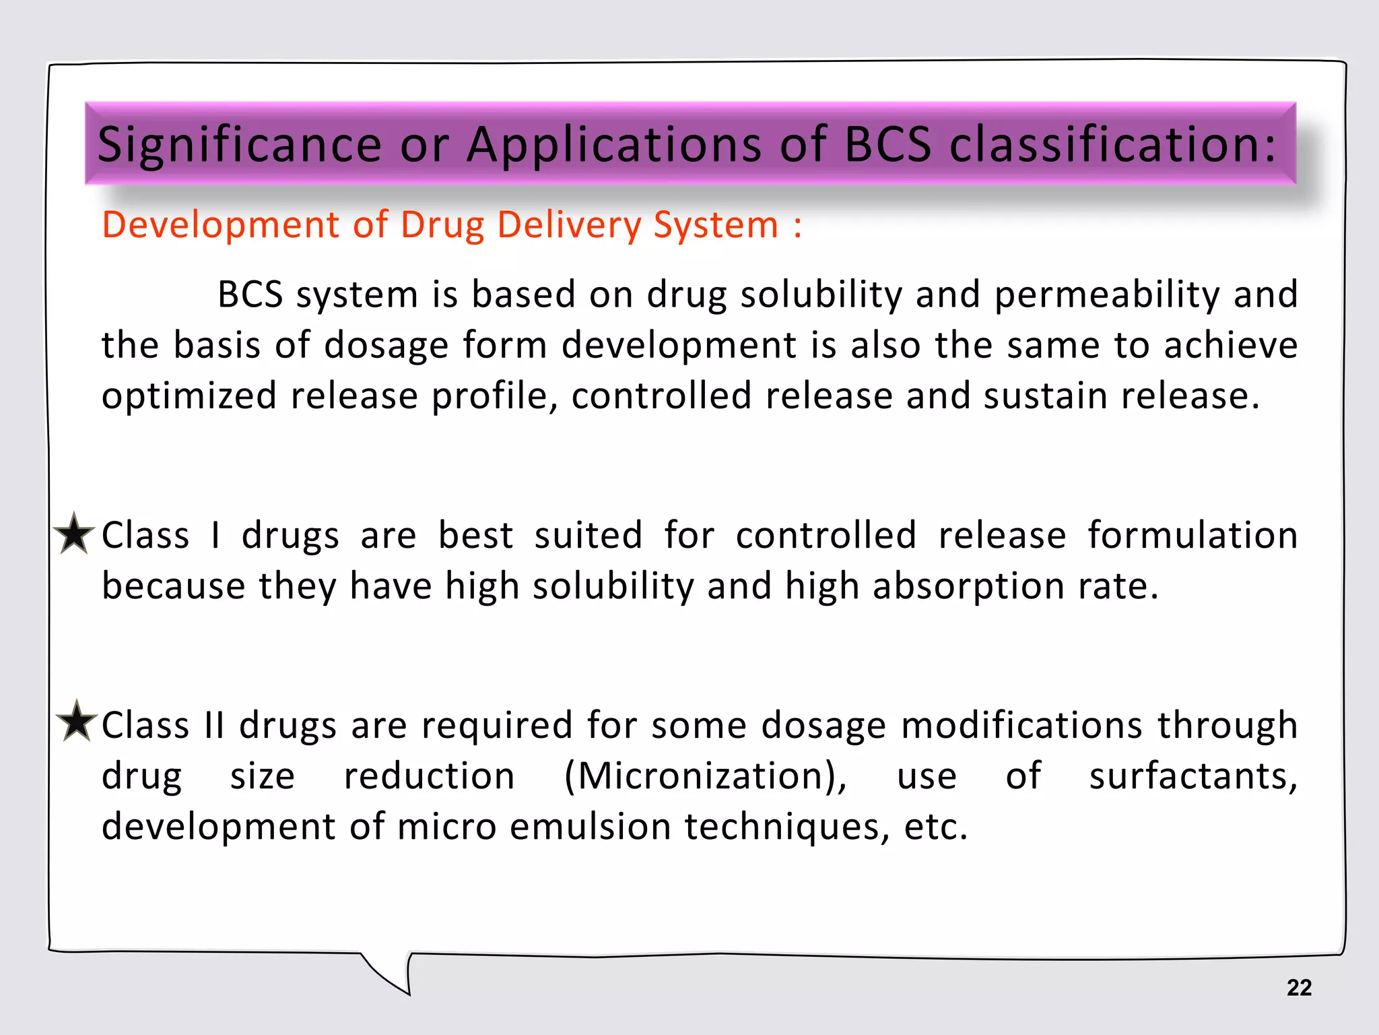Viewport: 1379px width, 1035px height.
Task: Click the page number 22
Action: (x=1299, y=988)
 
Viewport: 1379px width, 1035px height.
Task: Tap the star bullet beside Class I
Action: (x=74, y=534)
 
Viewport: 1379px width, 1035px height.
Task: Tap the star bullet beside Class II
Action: (x=77, y=722)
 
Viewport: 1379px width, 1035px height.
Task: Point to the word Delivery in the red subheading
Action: (x=569, y=225)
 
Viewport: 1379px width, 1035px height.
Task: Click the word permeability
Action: (x=1106, y=295)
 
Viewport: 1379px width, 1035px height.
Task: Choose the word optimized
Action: (x=189, y=396)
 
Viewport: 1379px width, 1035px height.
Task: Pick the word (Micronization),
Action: (x=706, y=776)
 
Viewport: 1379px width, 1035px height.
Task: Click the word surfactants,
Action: (x=1193, y=776)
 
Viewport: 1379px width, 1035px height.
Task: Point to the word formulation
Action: (x=1192, y=536)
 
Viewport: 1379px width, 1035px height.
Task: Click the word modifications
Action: (x=1021, y=726)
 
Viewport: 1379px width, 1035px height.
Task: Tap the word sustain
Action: (x=1045, y=396)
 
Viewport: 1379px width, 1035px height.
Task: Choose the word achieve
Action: (x=1231, y=346)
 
